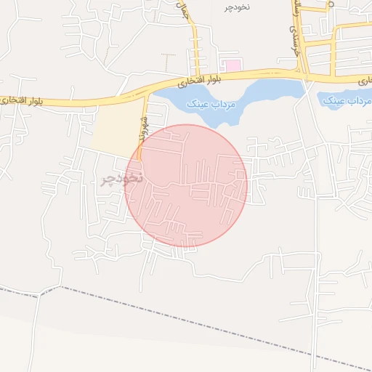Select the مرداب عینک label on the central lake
212,104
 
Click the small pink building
232,66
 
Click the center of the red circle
187,185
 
